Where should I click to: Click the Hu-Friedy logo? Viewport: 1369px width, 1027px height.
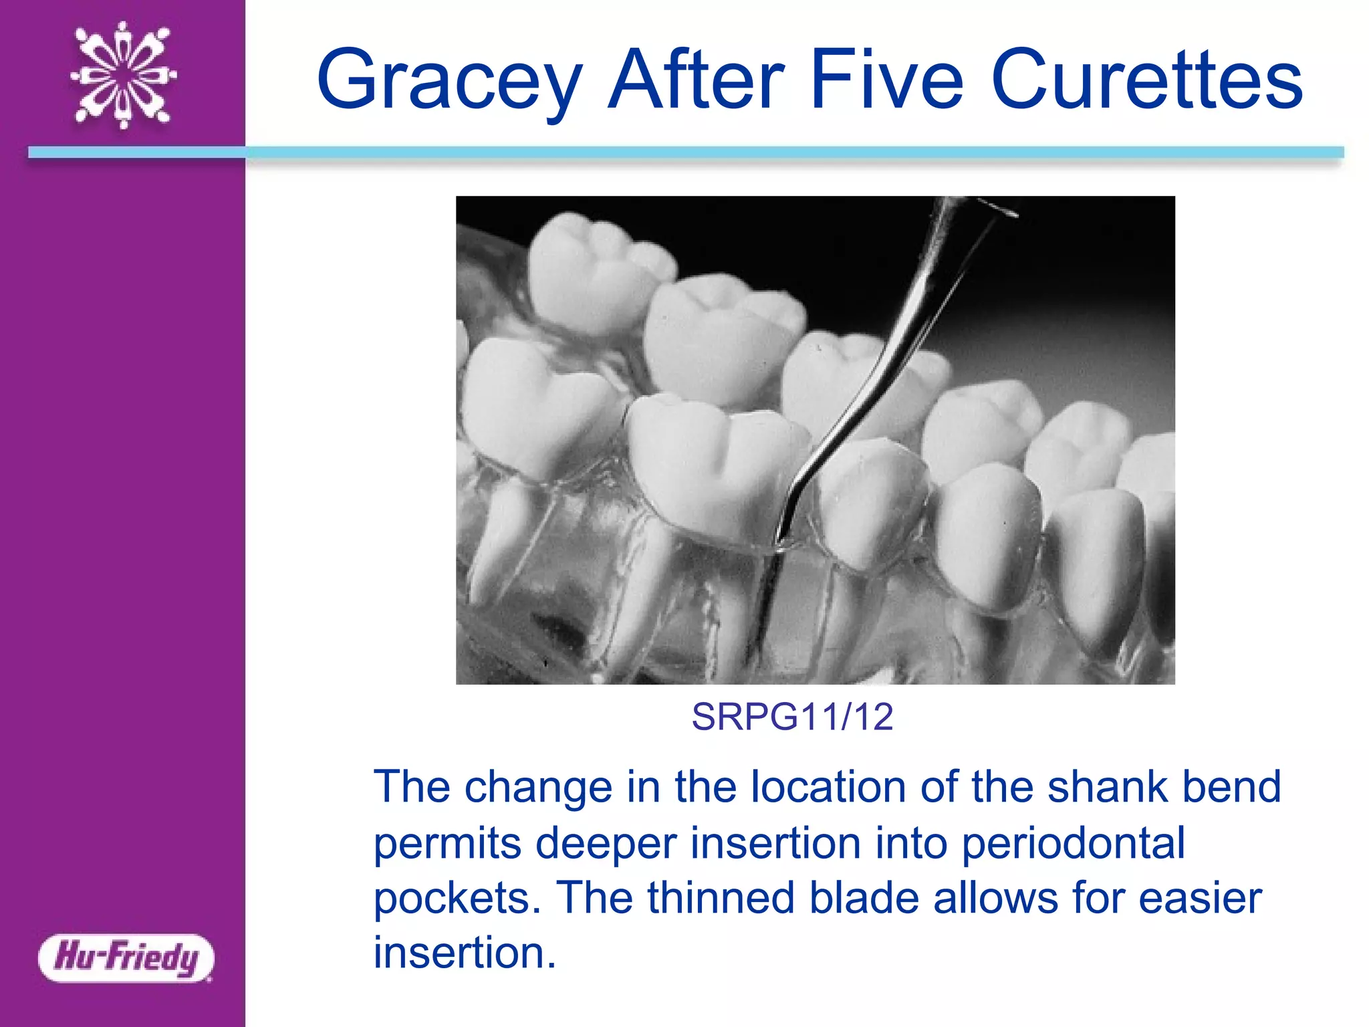point(126,957)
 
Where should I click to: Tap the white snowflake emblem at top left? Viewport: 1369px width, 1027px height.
point(124,75)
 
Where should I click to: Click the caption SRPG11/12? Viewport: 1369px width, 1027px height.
point(792,717)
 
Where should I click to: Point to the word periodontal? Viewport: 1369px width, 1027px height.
point(1073,842)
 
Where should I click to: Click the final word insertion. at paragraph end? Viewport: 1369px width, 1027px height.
point(465,952)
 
